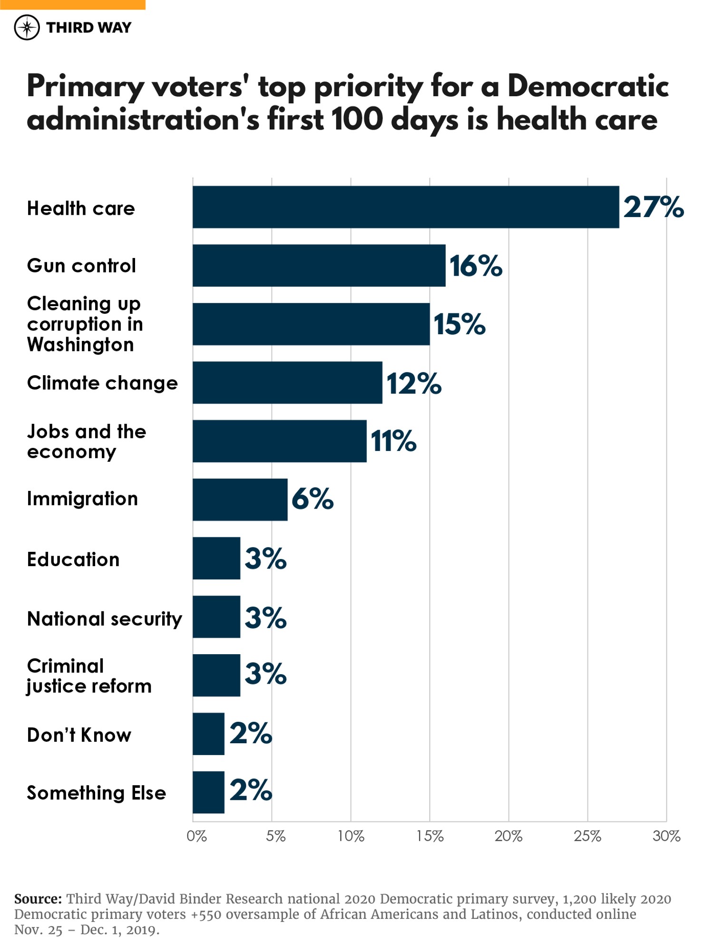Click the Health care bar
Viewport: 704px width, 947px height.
405,207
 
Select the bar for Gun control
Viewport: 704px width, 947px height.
319,265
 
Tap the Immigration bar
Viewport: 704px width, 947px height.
240,499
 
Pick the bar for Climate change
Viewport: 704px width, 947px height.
287,382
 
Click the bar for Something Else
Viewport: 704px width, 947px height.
208,792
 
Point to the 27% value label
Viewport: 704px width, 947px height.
653,207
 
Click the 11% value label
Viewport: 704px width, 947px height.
393,441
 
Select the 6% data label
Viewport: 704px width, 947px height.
312,499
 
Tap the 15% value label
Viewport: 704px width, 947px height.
459,324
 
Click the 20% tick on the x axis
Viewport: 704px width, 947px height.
508,836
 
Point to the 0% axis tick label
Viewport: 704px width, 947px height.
196,836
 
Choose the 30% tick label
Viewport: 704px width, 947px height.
666,836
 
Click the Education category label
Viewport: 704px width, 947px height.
73,559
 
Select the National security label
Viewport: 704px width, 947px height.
104,618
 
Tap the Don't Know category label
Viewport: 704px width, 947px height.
79,735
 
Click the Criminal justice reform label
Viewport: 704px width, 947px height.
89,676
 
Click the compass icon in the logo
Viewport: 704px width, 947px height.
27,28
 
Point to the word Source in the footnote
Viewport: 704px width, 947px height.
38,899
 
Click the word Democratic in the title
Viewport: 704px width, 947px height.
588,86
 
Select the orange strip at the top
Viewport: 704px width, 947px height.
72,4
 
